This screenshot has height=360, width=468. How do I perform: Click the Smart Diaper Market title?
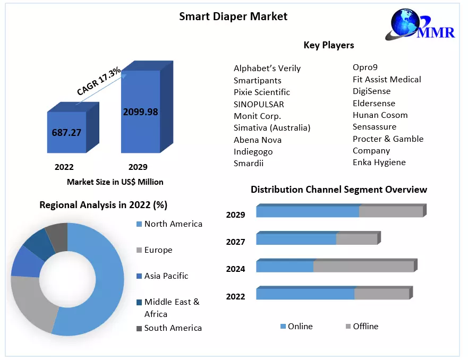233,16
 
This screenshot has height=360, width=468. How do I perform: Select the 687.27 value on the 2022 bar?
66,133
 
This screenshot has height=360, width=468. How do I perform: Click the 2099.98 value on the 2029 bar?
140,112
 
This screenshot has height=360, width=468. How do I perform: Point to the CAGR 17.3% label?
99,81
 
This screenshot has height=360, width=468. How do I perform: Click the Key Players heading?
328,45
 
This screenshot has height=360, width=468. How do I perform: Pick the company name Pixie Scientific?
262,92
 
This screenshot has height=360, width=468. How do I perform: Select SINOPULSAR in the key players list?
259,104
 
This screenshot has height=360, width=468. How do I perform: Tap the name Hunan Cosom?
380,115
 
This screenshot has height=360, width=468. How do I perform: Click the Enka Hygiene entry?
379,162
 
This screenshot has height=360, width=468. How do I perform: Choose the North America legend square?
139,224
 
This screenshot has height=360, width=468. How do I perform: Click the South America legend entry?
173,328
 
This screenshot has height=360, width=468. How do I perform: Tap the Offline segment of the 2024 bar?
363,265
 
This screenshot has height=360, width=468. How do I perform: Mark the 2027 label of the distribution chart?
235,242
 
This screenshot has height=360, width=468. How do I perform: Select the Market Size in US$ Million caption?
115,182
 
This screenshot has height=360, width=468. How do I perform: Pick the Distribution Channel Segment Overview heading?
338,190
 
